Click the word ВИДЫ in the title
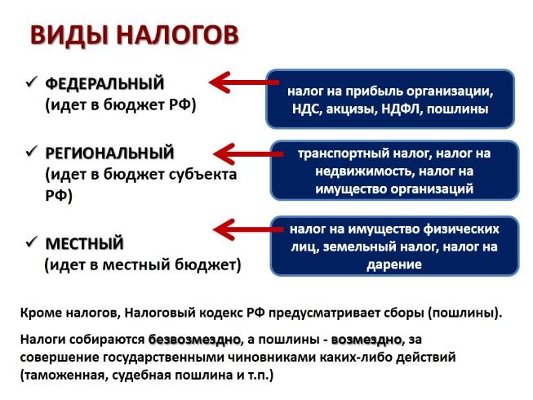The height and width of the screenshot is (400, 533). (70, 35)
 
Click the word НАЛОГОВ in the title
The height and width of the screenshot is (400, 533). (178, 34)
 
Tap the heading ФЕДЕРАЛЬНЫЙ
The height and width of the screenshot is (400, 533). (104, 83)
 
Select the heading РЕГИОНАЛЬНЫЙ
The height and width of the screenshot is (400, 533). (109, 153)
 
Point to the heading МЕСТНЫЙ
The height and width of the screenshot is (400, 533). (84, 243)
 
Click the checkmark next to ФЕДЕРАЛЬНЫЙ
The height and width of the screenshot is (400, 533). (31, 82)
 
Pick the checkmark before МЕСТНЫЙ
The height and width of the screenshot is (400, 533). (31, 242)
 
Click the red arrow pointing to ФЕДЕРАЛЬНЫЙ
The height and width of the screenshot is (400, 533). (244, 82)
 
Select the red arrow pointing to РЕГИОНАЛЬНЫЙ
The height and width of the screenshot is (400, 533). (248, 154)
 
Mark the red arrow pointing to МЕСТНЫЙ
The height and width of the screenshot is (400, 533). (248, 229)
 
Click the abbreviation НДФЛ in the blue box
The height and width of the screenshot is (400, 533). (401, 109)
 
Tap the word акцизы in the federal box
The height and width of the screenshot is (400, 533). (351, 109)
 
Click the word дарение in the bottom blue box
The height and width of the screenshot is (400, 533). (394, 264)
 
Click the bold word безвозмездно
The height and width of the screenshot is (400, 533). (194, 340)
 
